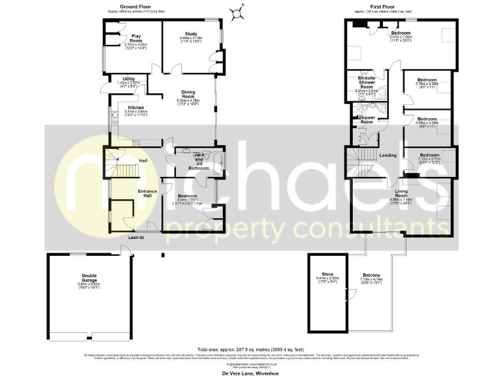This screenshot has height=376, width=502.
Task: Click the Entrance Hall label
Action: click(146, 193)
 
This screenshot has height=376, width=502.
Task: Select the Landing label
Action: click(388, 155)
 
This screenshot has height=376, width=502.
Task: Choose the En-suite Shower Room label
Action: click(367, 83)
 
